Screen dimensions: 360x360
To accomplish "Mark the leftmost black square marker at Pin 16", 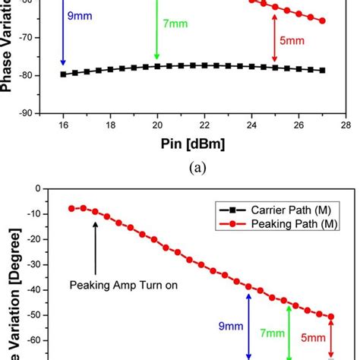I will pos(63,74).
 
